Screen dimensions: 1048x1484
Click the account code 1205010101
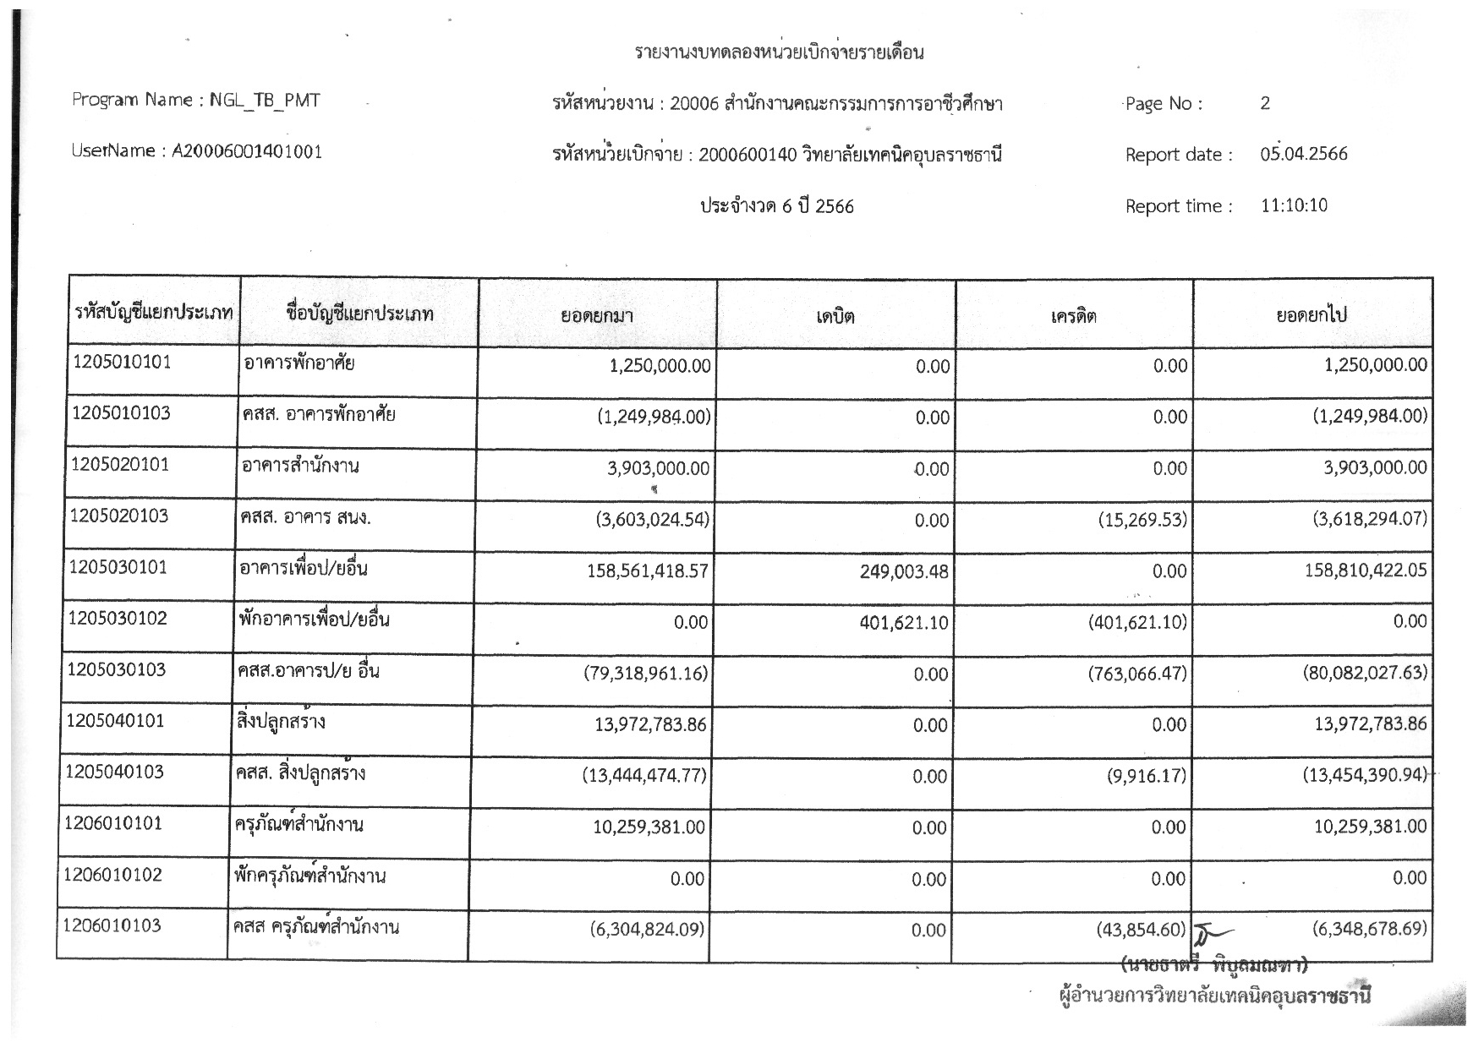(123, 363)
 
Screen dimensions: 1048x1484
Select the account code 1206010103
(112, 925)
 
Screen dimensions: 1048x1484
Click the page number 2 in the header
(1265, 104)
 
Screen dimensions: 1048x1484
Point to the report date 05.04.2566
(1303, 155)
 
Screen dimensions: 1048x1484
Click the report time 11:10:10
(1294, 205)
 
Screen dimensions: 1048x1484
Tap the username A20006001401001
(247, 152)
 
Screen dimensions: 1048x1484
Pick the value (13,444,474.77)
(644, 776)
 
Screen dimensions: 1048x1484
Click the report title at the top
(779, 53)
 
